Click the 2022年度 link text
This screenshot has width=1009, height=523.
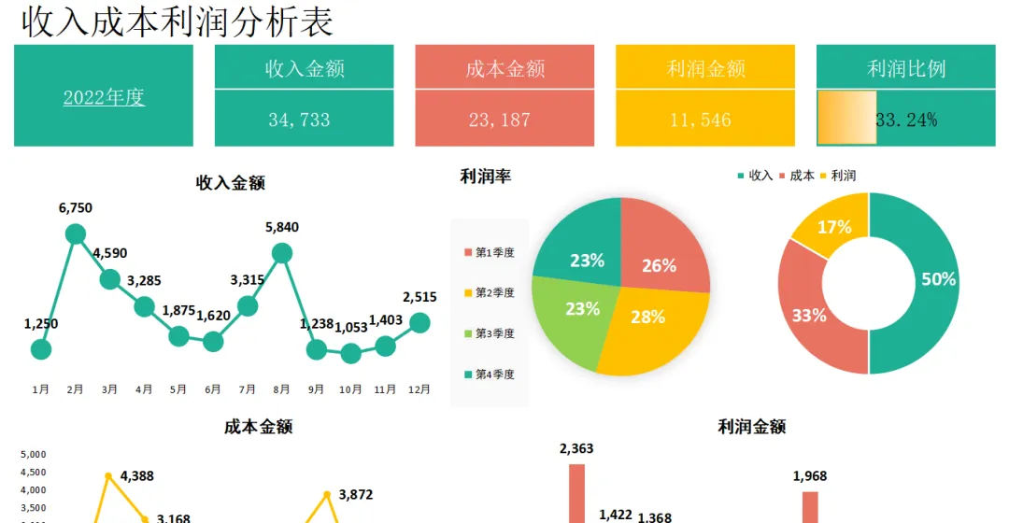tap(104, 97)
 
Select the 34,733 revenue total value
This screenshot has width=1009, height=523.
tap(299, 120)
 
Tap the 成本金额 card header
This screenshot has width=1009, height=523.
tap(505, 68)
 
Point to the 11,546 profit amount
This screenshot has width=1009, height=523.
tap(700, 120)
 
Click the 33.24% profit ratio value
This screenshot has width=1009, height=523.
tap(906, 120)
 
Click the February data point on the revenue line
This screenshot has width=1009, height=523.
tap(76, 234)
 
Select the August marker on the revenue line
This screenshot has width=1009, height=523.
tap(282, 253)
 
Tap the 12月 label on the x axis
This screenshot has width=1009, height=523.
tap(419, 389)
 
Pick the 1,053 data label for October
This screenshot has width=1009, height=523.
tap(351, 328)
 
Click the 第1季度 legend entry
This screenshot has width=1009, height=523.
tap(490, 253)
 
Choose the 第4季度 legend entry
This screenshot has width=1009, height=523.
tap(490, 375)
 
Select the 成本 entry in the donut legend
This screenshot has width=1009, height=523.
tap(797, 176)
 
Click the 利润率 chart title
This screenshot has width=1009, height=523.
tap(485, 177)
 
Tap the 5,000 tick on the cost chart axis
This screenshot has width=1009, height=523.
tap(34, 454)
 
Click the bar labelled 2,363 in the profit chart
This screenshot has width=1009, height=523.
tap(577, 493)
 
